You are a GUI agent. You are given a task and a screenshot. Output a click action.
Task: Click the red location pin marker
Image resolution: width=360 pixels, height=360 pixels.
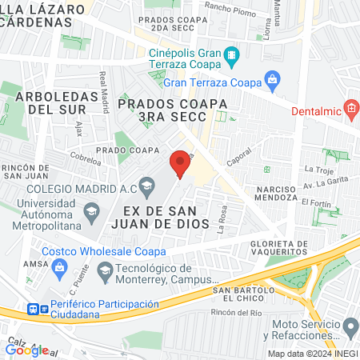tap(181, 162)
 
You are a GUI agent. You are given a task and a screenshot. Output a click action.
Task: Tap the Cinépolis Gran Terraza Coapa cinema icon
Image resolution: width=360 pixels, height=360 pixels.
tap(231, 54)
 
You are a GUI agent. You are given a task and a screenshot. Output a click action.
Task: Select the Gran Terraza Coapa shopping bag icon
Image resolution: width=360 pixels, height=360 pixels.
tap(273, 80)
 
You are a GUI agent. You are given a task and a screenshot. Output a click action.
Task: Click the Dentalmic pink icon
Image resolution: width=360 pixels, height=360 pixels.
tap(350, 108)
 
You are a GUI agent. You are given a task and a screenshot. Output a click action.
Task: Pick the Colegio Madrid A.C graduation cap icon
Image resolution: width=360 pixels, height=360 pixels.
tap(146, 189)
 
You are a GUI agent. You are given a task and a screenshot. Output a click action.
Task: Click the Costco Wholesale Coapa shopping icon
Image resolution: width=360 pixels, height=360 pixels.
tap(58, 270)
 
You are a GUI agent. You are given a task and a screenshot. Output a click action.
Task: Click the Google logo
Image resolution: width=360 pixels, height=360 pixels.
tap(26, 350)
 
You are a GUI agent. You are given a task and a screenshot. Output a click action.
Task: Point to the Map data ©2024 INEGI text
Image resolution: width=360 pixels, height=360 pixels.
tap(312, 354)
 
